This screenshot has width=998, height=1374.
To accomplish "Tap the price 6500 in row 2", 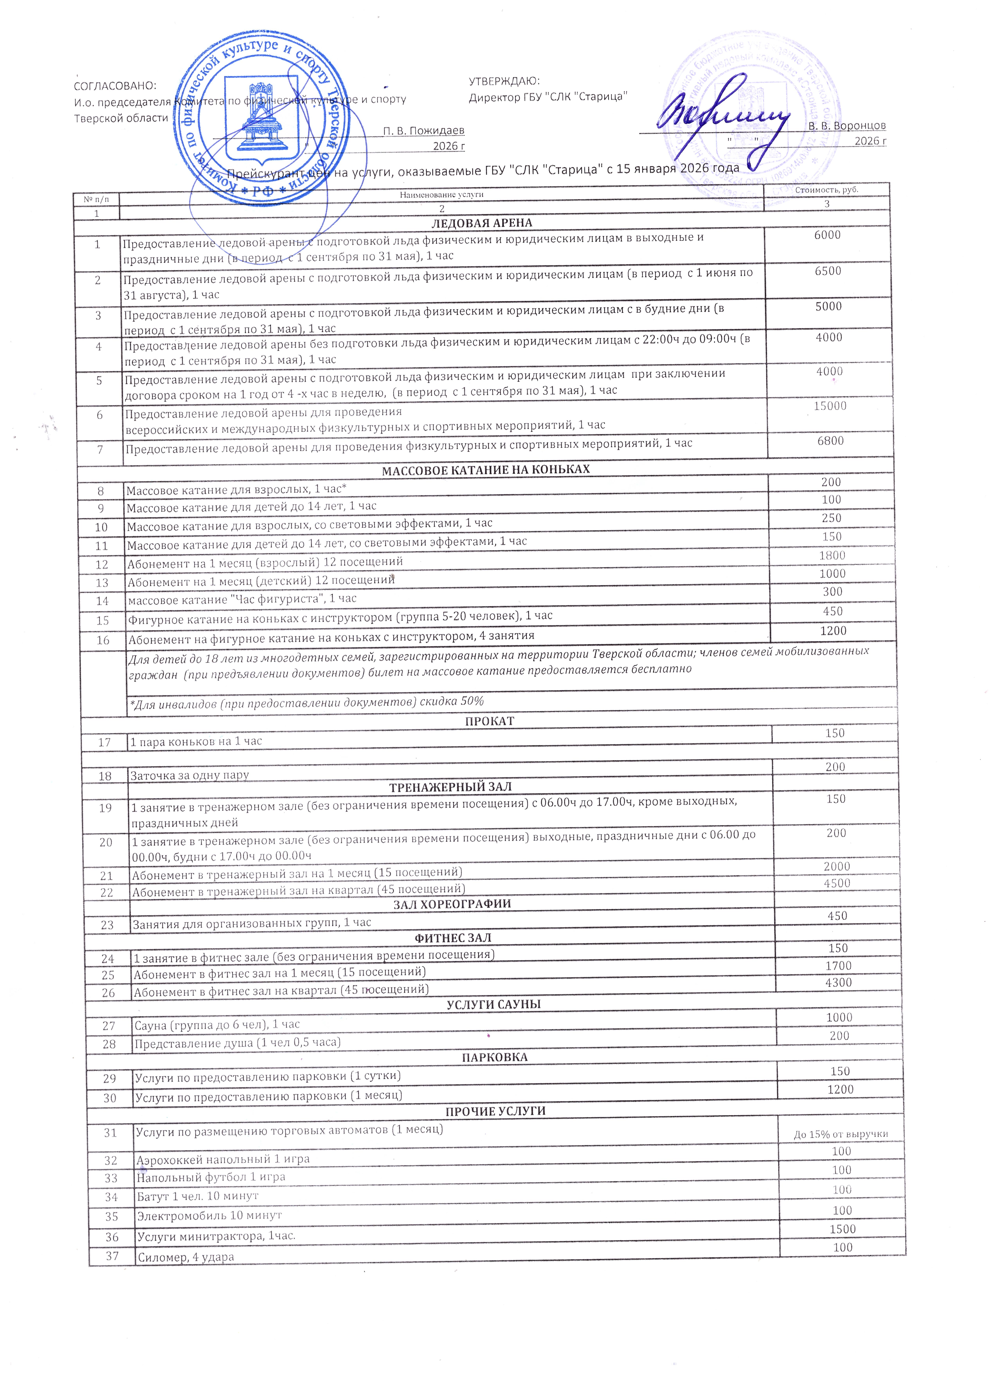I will click(x=828, y=271).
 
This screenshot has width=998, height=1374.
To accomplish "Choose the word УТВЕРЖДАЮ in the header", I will click(x=504, y=81).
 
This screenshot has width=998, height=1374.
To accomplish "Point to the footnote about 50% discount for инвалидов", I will click(x=306, y=701).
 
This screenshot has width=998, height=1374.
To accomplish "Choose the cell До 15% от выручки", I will click(x=840, y=1135).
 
